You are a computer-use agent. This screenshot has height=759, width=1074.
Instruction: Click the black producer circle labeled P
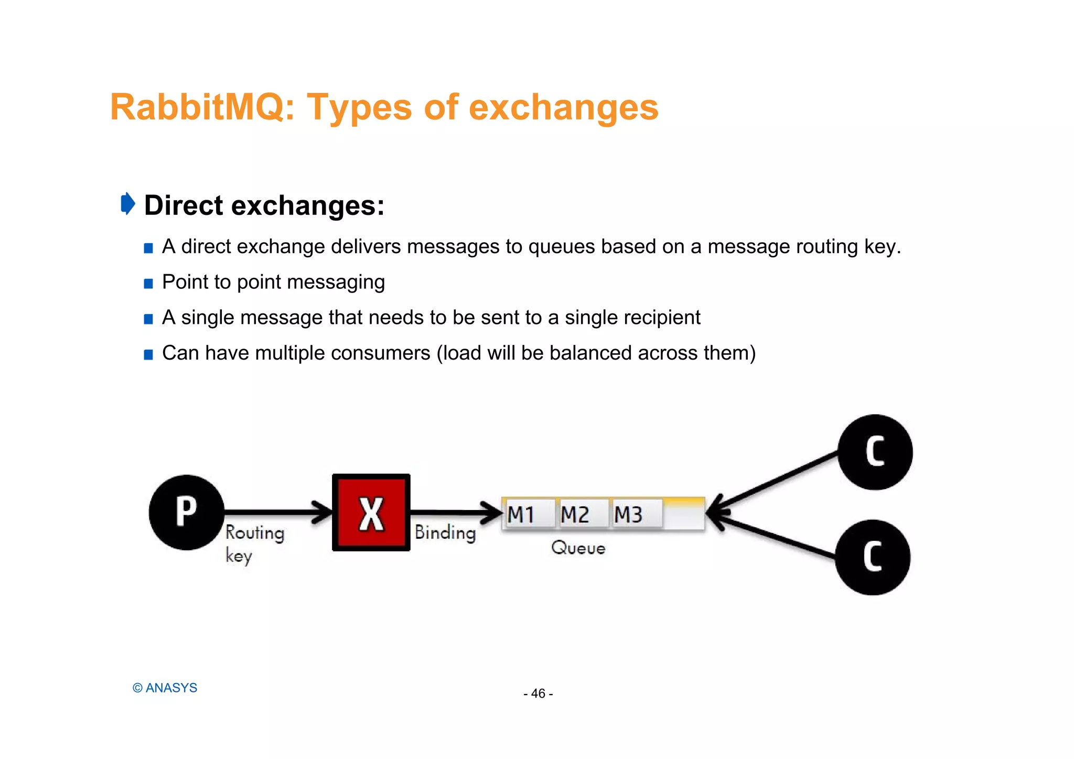point(187,512)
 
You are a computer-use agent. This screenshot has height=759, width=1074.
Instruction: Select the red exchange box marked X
point(371,513)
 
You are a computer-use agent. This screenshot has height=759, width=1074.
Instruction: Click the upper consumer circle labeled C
point(875,452)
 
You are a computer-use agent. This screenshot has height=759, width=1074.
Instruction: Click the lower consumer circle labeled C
point(873,557)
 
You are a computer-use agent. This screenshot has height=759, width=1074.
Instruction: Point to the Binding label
point(445,533)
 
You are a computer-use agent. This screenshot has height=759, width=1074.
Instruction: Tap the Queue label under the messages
point(578,548)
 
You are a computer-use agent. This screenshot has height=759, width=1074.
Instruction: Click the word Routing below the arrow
point(255,533)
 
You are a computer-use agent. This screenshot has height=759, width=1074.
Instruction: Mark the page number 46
point(538,693)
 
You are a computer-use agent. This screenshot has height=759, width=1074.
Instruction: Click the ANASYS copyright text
point(165,688)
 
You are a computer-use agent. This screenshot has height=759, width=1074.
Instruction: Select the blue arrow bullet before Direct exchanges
point(127,203)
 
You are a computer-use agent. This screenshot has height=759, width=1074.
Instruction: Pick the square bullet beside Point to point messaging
point(148,284)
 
